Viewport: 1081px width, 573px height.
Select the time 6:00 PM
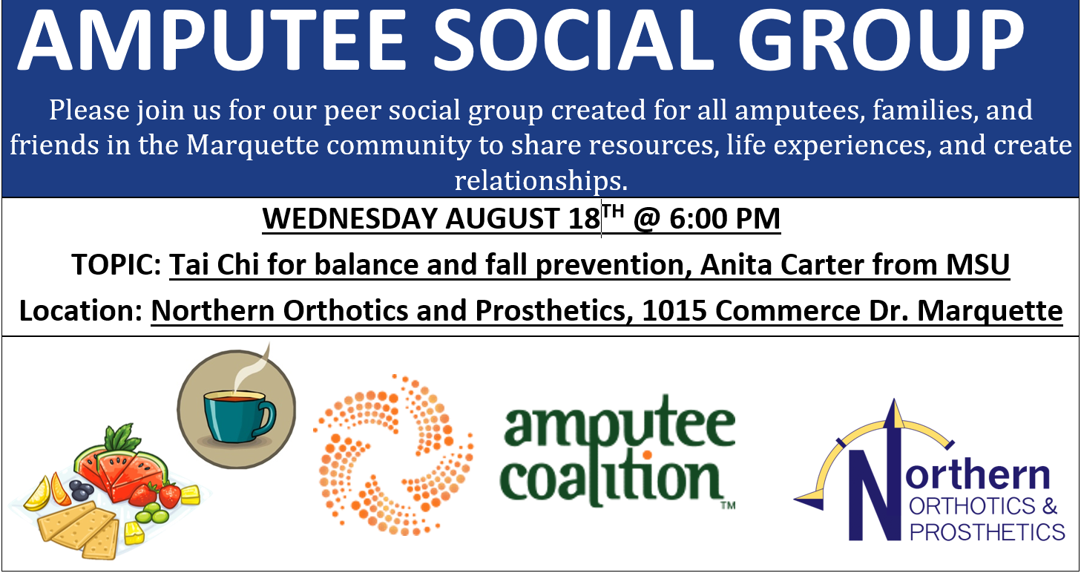tap(724, 219)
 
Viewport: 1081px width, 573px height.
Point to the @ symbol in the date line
tap(646, 220)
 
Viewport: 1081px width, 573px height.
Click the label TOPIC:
tap(116, 264)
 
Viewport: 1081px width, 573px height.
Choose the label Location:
tap(81, 310)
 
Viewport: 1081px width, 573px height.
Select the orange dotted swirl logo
tap(393, 455)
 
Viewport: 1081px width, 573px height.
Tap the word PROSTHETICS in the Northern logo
tap(987, 532)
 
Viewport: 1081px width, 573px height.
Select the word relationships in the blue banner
tap(541, 180)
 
